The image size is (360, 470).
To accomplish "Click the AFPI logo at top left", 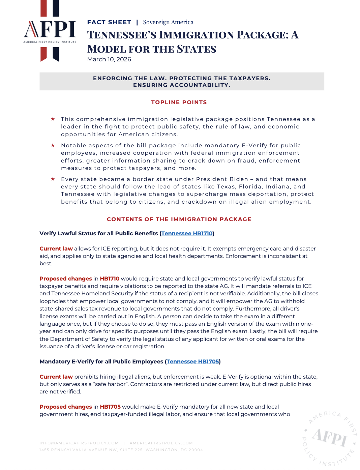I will [x=50, y=30].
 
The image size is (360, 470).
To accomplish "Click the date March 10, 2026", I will [x=109, y=59].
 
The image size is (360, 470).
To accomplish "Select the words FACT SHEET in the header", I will [x=109, y=22].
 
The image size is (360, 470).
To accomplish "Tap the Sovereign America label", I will [x=168, y=22].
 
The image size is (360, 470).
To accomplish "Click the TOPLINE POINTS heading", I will [x=179, y=102].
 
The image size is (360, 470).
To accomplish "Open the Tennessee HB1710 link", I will [x=187, y=233].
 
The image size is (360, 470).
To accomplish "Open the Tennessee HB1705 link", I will [x=192, y=361].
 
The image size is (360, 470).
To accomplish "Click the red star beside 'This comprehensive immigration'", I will [x=53, y=119].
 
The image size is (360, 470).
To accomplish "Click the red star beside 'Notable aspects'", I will [x=53, y=145].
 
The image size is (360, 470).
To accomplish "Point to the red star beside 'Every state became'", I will [x=53, y=179].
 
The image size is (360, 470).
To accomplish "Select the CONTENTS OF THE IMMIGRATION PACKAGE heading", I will [x=179, y=219].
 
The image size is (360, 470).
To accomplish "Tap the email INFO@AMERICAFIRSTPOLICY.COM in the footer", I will [x=79, y=443].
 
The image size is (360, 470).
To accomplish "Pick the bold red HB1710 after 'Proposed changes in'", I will [x=110, y=278].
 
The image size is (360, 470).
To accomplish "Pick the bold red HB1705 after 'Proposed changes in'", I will [x=110, y=407].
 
